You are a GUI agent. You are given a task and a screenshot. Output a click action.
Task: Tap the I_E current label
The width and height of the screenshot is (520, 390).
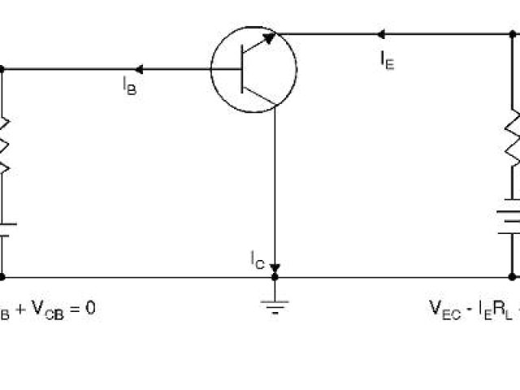tap(387, 60)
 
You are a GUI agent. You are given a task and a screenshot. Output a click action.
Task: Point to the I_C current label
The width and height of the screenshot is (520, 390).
tap(258, 259)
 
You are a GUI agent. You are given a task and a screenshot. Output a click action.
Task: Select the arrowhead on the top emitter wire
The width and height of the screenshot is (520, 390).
tap(380, 34)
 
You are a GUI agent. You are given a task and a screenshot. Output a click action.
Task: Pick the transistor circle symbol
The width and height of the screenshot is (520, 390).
tap(253, 68)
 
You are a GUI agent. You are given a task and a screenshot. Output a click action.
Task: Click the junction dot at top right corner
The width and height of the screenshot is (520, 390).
tap(513, 34)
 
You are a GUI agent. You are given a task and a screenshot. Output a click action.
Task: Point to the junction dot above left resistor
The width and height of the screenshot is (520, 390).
tap(2, 69)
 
